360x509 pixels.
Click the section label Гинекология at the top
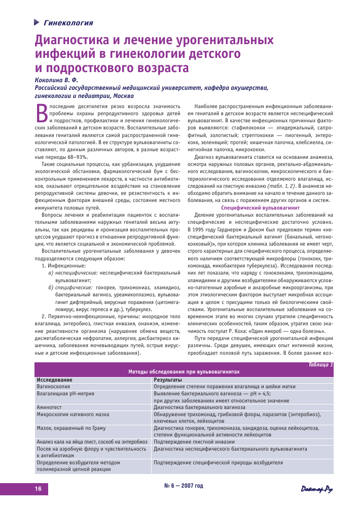(68, 22)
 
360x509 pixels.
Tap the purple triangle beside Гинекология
(37, 22)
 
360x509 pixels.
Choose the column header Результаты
(167, 380)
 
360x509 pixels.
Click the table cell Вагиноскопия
(53, 386)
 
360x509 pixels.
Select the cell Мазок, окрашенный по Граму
(71, 428)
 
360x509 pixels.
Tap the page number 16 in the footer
(38, 489)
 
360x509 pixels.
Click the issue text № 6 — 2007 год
(184, 486)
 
